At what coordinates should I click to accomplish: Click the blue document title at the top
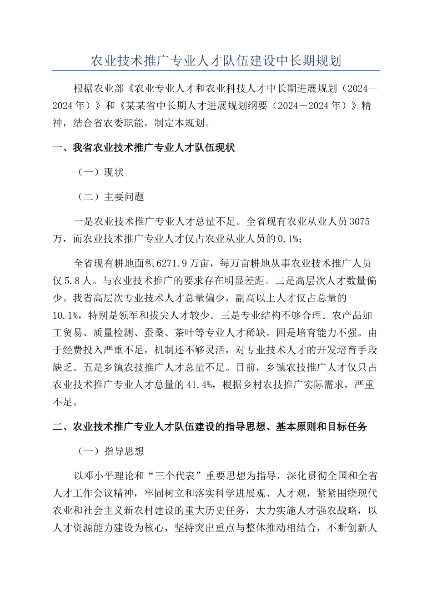click(x=216, y=61)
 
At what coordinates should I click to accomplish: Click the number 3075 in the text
click(x=359, y=222)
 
